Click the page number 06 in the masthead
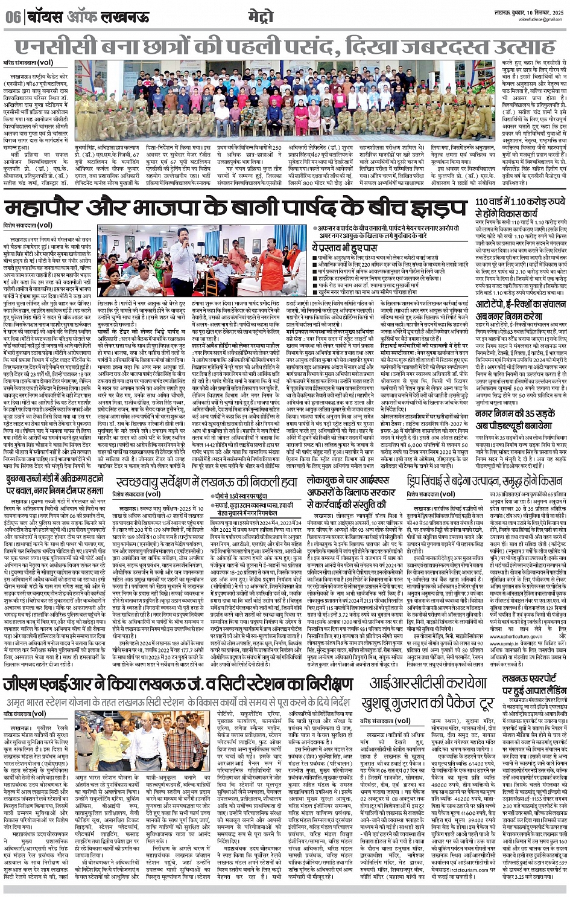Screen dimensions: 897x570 13,17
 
